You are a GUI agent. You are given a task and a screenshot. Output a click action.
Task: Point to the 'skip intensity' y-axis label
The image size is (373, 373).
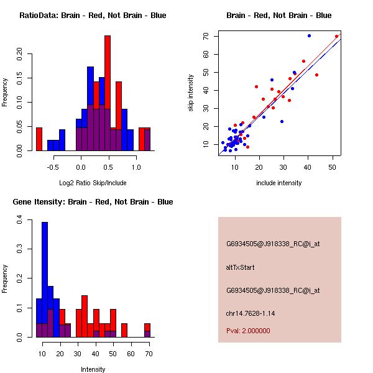191,93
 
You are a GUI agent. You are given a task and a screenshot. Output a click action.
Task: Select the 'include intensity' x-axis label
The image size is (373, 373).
279,183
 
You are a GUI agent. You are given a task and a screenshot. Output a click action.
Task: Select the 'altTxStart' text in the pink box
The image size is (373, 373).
241,267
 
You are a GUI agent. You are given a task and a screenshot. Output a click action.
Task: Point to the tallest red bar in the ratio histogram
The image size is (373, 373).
108,93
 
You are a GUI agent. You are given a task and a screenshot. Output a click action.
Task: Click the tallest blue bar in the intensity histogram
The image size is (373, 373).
44,280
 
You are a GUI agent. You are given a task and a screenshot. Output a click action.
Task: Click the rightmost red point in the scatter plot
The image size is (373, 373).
337,36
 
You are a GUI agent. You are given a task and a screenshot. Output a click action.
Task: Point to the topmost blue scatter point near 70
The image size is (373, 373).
309,35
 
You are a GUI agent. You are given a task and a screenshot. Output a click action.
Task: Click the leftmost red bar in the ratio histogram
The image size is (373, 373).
39,139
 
